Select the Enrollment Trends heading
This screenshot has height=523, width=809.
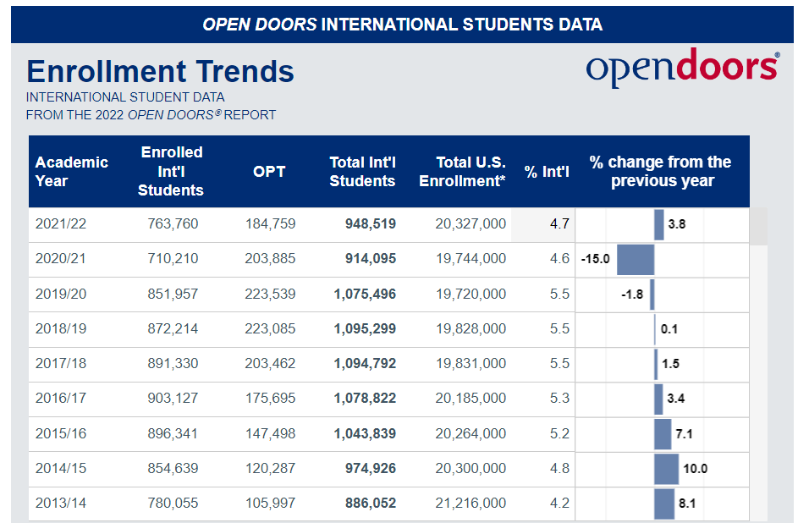point(161,71)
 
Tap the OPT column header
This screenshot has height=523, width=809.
point(269,172)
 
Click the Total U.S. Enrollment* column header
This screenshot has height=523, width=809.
point(462,172)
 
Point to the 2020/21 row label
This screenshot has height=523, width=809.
point(60,259)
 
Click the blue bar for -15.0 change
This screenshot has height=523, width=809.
point(636,259)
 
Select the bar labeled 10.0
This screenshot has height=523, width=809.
point(666,468)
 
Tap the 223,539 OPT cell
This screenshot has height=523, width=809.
point(270,294)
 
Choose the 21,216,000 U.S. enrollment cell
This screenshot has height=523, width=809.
point(471,503)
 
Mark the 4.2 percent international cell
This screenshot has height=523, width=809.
point(559,503)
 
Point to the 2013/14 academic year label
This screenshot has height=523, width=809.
point(60,503)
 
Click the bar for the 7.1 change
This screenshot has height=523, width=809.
point(663,433)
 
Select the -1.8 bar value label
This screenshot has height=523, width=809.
point(633,295)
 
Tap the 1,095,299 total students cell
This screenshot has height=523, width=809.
point(365,328)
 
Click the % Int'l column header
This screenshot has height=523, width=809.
point(547,172)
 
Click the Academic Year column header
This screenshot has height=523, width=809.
point(72,172)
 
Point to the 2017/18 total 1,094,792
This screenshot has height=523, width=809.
point(365,363)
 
